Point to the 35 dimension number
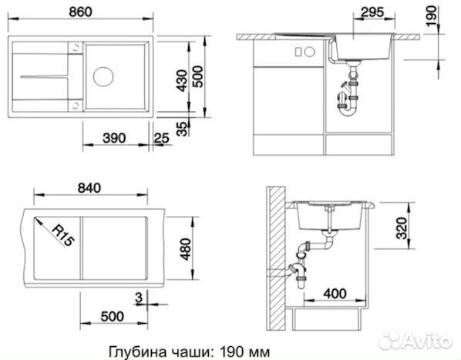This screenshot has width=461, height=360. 183,129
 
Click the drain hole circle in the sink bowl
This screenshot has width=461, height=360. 104,77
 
